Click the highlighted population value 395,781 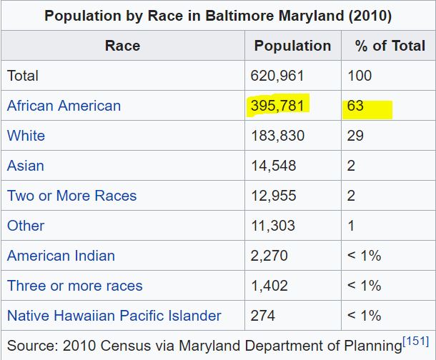[x=278, y=106]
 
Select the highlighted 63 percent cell [x=356, y=106]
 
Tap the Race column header [x=122, y=46]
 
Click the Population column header [x=292, y=46]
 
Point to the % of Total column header [x=390, y=46]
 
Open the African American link [x=64, y=106]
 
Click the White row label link [x=26, y=136]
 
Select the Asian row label [x=26, y=166]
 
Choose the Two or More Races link [x=71, y=196]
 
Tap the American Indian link [x=61, y=256]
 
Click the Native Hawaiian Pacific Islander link [x=114, y=316]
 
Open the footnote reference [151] [x=416, y=341]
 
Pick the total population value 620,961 [x=277, y=76]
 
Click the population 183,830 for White [x=277, y=136]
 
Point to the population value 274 [x=262, y=316]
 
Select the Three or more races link [x=75, y=286]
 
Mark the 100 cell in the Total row [x=359, y=76]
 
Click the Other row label [x=26, y=226]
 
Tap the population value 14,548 [x=273, y=166]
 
